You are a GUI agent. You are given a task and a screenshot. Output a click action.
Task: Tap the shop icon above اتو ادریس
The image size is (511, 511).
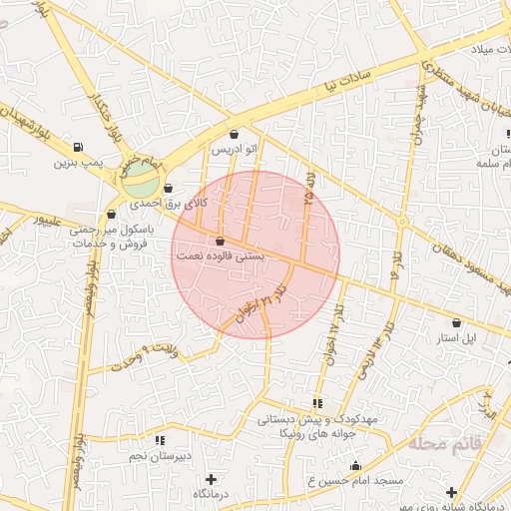click(x=234, y=134)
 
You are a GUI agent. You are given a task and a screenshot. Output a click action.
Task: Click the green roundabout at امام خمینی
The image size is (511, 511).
click(x=141, y=184)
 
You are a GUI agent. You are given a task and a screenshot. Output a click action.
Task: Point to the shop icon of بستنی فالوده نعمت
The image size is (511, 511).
click(x=220, y=242)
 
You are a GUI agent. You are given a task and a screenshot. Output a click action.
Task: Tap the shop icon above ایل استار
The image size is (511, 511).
click(x=456, y=322)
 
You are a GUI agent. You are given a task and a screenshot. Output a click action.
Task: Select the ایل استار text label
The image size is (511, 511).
click(x=459, y=339)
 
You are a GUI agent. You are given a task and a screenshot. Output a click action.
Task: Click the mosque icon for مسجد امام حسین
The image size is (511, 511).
click(x=355, y=465)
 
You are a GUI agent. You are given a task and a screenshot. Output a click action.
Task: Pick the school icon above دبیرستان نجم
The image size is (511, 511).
click(x=160, y=439)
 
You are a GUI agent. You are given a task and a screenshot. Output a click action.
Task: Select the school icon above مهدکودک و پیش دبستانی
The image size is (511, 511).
click(x=317, y=403)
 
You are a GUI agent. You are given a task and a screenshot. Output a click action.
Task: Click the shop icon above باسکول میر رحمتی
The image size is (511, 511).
click(x=112, y=214)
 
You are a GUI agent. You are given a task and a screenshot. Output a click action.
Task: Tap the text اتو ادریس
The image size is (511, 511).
click(x=234, y=150)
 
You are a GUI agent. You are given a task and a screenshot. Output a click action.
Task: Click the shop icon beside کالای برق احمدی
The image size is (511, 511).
click(x=166, y=188)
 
